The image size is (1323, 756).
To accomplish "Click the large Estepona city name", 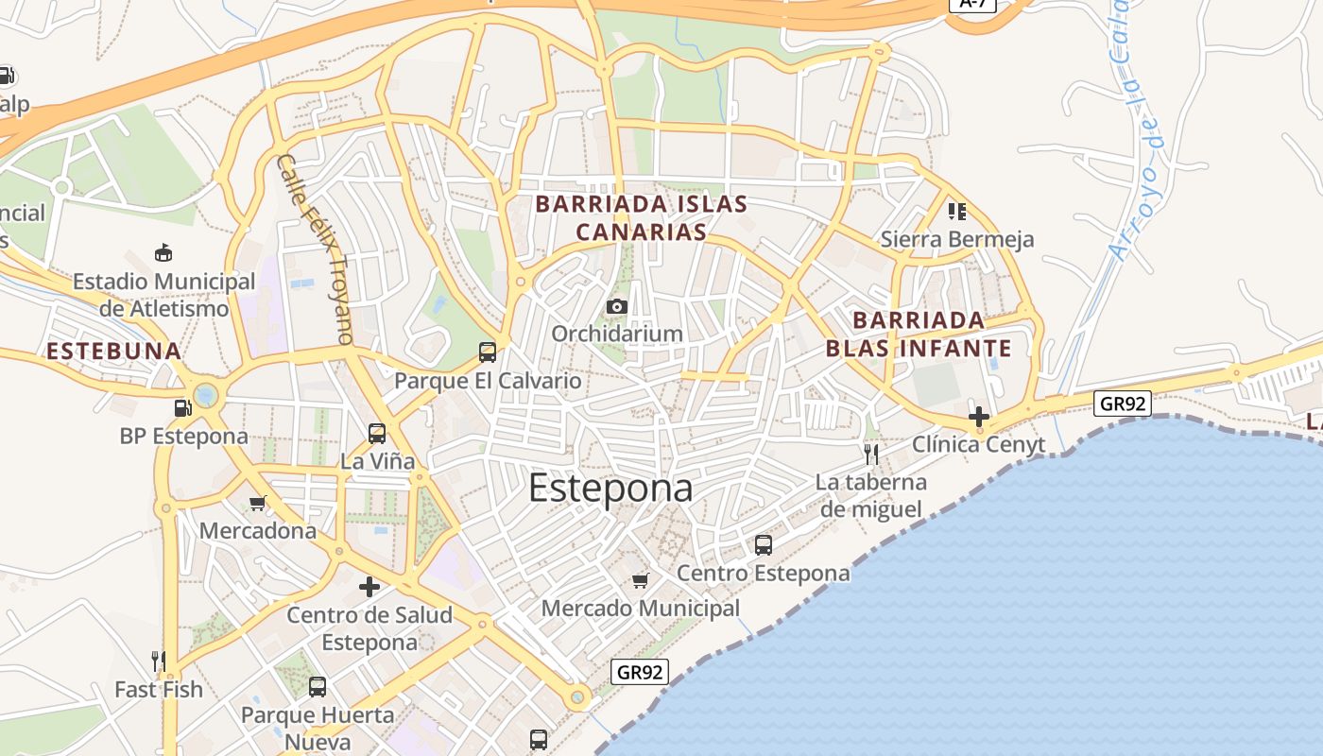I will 610,488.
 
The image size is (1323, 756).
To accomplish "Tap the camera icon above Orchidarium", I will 617,306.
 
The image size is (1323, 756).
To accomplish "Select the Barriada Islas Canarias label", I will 642,217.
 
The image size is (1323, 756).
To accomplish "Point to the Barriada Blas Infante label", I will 919,334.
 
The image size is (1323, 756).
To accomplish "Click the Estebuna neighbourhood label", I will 113,352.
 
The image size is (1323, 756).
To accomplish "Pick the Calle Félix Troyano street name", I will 316,249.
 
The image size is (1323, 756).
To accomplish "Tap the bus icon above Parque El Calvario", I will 488,352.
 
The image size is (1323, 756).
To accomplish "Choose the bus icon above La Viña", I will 377,434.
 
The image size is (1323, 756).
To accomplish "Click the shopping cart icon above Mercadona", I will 257,504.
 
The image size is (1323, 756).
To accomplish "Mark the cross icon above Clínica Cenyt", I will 979,416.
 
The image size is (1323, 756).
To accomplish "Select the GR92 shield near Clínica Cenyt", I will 1124,404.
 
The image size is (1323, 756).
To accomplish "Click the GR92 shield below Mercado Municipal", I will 640,672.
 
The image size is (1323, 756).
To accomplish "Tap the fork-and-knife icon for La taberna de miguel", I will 871,455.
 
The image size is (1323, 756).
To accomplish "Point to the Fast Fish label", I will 159,689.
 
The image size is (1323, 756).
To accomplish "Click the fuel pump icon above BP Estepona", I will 183,408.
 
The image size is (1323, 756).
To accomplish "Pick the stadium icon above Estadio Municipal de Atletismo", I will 163,253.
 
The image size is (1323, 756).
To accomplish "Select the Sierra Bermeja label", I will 957,239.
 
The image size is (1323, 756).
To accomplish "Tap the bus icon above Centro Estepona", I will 764,545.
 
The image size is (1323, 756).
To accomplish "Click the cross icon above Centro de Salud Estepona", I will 369,587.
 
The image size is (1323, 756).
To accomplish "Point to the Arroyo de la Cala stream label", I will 1138,132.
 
